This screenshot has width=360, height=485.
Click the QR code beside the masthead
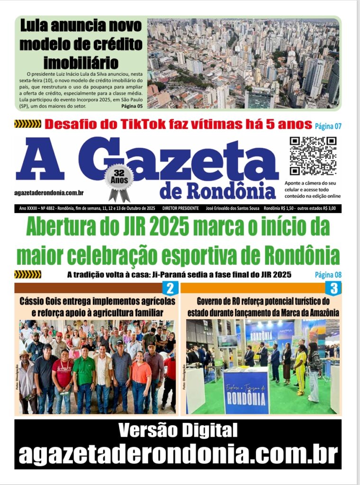pos(313,156)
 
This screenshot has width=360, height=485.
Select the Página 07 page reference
pos(328,126)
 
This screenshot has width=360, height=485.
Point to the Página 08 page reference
pos(328,275)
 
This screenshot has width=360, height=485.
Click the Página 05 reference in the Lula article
pos(132,106)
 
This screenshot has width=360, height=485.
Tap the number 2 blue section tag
pos(170,288)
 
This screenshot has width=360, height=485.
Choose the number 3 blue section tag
pos(333,288)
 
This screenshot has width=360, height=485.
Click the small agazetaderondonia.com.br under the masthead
pos(49,193)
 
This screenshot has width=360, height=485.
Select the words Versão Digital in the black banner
pos(178,431)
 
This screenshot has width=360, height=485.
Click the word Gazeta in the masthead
pos(185,161)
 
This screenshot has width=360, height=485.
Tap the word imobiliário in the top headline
pos(87,62)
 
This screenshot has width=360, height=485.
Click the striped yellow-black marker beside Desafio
pos(27,124)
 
